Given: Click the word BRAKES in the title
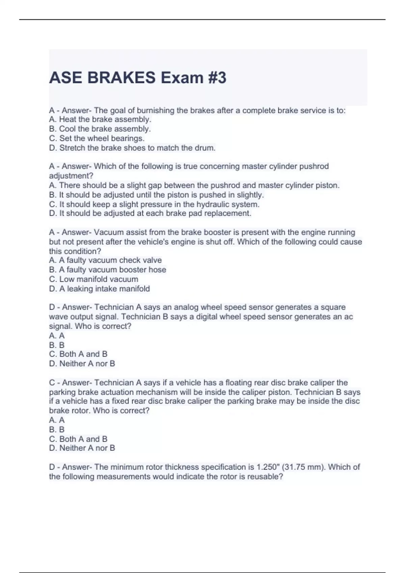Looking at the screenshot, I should (122, 78).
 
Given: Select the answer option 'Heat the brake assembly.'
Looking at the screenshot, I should (100, 119).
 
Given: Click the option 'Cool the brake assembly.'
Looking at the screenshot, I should (100, 129).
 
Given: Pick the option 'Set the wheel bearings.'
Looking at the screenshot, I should (97, 138).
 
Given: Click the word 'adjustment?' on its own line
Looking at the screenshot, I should (71, 176).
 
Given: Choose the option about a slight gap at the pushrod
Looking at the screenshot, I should (194, 185).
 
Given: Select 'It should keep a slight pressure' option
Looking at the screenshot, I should (154, 204).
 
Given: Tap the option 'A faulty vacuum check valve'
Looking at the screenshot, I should (105, 260).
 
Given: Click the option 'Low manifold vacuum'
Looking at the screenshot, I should (93, 279).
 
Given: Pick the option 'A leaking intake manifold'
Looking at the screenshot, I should (100, 289).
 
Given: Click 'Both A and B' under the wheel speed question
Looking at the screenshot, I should (78, 354).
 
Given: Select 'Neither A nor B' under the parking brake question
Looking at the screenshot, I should (82, 448).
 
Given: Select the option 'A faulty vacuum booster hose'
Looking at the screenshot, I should (108, 270).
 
